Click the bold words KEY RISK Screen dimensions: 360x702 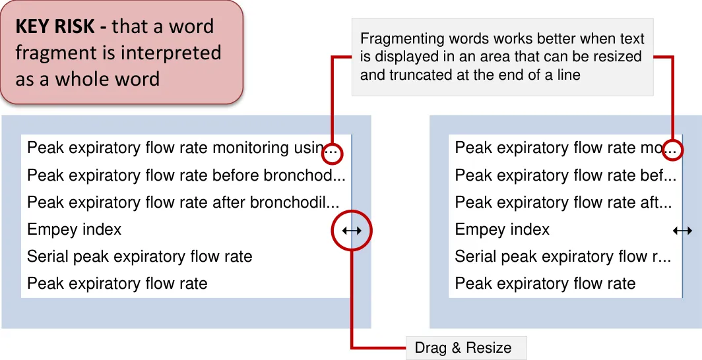point(59,26)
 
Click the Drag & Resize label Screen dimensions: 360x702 point(463,347)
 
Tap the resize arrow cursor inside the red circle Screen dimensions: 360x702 point(352,230)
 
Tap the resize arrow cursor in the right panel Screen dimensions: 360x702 point(682,230)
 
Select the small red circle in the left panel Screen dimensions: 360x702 point(333,153)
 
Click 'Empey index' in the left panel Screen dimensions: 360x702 point(75,229)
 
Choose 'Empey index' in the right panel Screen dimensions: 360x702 point(502,229)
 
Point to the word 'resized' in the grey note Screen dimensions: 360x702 point(617,57)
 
